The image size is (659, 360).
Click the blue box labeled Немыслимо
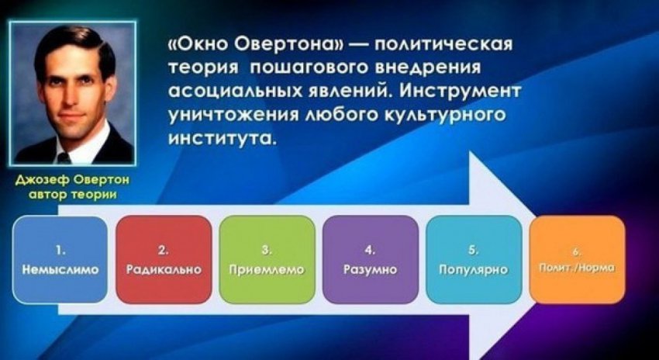point(60,259)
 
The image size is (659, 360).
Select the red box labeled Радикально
point(164,259)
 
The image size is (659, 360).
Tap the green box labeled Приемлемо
point(267,259)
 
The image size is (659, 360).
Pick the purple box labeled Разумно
point(371,259)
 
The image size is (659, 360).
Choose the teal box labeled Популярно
point(474,259)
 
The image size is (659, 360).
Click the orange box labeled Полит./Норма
point(578,259)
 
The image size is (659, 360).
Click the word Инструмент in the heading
point(458,92)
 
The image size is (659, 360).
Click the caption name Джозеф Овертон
point(73,180)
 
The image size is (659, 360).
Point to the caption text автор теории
point(73,196)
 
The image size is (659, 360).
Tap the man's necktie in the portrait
point(64,157)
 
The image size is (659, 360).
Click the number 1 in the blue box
point(60,251)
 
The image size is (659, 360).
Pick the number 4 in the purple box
point(371,251)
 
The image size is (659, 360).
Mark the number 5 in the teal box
point(474,251)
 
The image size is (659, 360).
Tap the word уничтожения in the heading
point(228,114)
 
